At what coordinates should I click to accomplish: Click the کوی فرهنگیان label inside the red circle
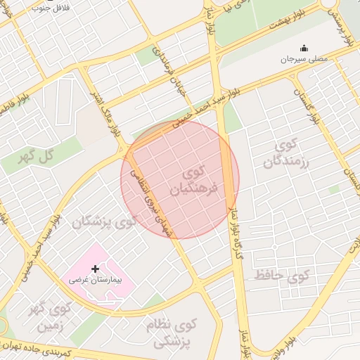(194, 181)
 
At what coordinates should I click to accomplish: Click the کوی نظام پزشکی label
(172, 333)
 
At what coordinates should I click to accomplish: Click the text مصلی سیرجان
(304, 60)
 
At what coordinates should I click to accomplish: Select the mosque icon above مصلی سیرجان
(304, 48)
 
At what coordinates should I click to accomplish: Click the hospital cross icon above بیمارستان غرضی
(96, 269)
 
